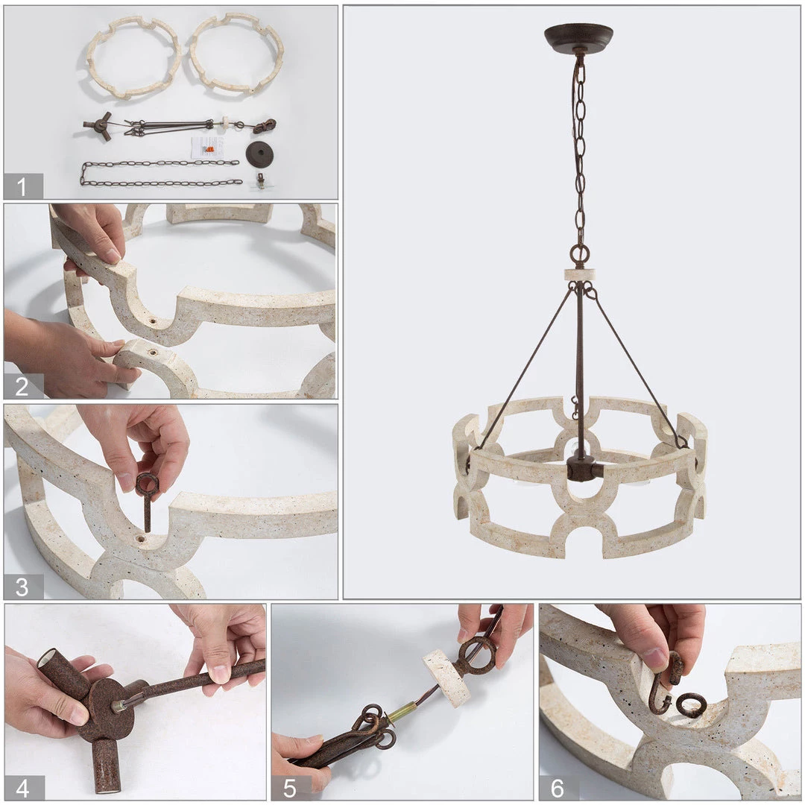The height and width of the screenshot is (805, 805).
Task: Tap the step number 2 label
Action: (22, 386)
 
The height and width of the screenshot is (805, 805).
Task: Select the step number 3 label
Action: (22, 587)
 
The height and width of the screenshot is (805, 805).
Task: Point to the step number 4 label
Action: (22, 788)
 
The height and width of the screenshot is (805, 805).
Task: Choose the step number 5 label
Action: (289, 788)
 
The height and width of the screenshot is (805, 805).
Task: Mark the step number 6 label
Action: (557, 788)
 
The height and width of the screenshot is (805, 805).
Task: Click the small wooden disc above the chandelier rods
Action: (579, 274)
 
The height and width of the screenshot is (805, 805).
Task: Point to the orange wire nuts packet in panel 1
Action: (209, 149)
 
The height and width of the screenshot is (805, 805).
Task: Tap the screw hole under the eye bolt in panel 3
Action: (140, 540)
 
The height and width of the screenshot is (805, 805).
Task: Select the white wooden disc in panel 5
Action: (446, 677)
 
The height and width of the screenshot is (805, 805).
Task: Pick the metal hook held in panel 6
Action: (666, 684)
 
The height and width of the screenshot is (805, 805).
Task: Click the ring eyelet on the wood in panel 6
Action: (690, 705)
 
